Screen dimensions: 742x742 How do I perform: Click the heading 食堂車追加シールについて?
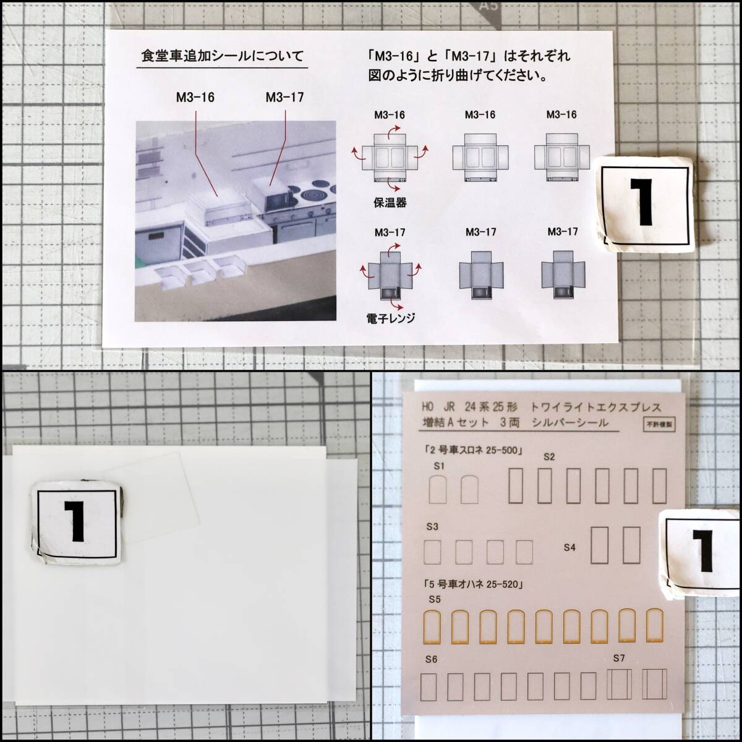[x=223, y=56]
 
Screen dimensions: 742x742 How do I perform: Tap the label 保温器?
[x=390, y=203]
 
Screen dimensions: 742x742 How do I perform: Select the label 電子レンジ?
[x=390, y=318]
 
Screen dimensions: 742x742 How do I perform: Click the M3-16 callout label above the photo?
[x=195, y=98]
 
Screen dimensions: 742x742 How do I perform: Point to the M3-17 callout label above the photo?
[x=284, y=98]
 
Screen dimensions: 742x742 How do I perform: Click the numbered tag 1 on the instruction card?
[x=642, y=204]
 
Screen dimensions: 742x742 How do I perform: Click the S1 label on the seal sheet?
[x=439, y=466]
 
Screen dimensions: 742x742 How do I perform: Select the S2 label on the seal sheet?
[x=549, y=457]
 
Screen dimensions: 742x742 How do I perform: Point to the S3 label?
[x=432, y=526]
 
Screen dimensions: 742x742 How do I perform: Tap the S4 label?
[x=569, y=547]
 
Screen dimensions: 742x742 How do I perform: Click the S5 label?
[x=435, y=599]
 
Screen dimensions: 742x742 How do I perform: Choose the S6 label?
[x=431, y=660]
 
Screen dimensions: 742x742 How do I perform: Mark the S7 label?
[x=619, y=659]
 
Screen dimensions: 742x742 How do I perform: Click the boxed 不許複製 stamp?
[x=659, y=424]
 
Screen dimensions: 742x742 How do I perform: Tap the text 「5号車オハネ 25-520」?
[x=474, y=584]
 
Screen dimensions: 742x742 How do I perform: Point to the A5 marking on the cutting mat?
[x=488, y=6]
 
